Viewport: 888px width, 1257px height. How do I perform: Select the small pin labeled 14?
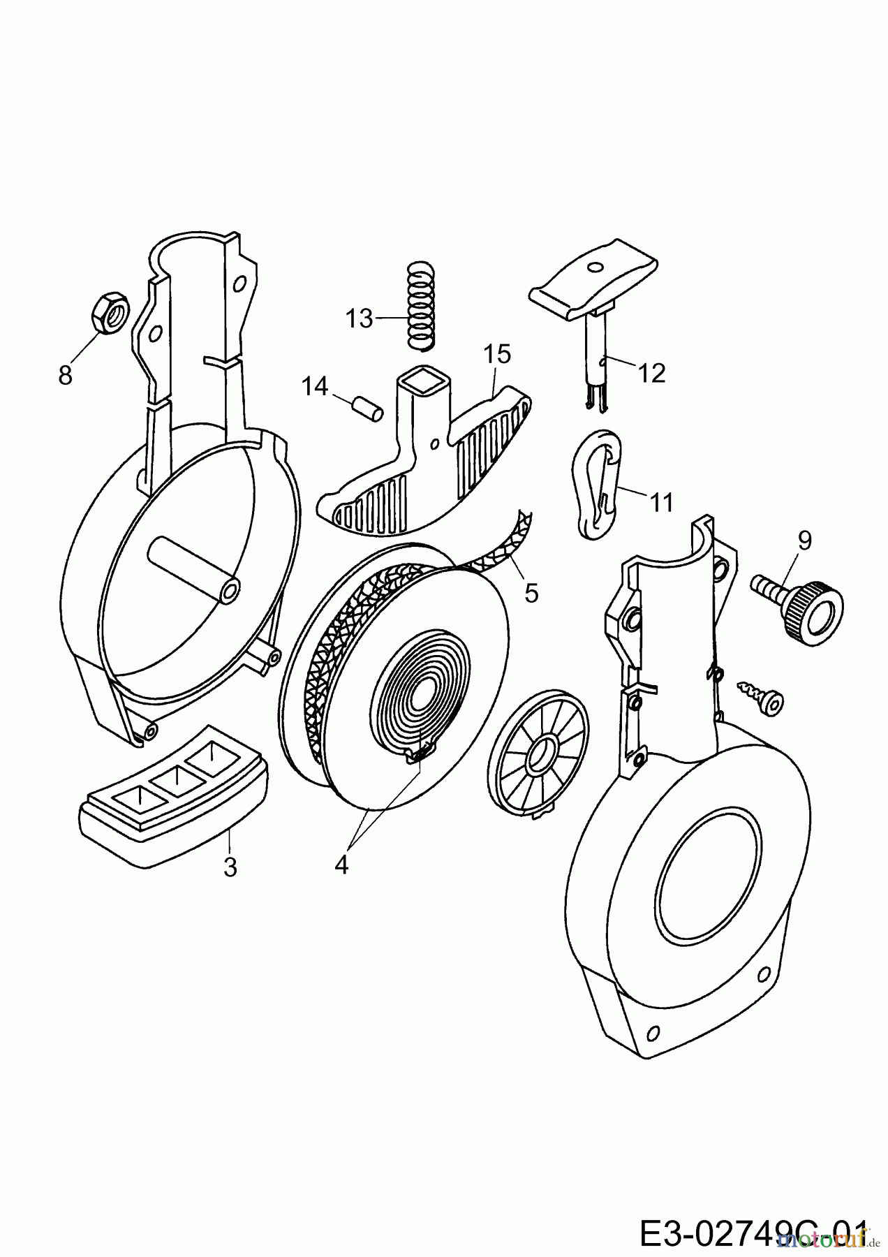coord(367,408)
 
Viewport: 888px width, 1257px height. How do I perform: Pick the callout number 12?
coord(651,373)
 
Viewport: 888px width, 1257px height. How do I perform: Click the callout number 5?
coord(531,593)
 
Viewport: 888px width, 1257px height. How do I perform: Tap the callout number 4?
coord(341,865)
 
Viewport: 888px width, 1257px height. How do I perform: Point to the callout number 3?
coord(230,867)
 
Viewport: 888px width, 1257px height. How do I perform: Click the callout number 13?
coord(360,319)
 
